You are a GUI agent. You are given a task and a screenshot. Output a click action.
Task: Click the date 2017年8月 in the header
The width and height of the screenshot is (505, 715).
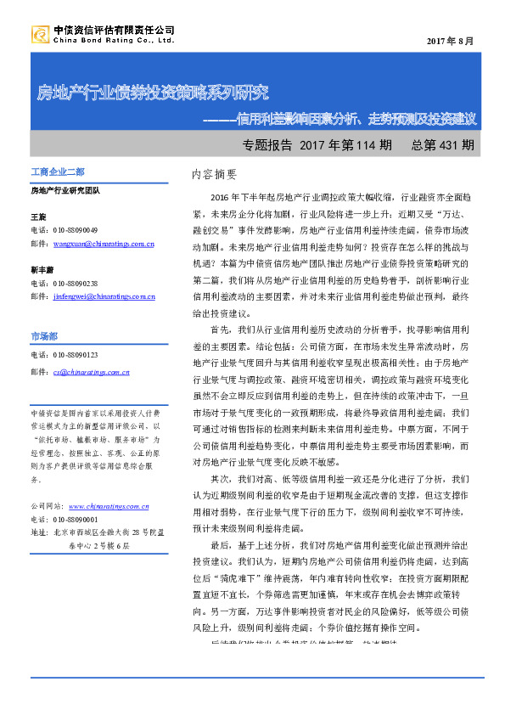[450, 42]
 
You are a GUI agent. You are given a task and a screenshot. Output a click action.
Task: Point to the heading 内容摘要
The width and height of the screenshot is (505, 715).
[214, 174]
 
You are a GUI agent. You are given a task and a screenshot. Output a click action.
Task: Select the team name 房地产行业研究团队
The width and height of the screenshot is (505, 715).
[65, 190]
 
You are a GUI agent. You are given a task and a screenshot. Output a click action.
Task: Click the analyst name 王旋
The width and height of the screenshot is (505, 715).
[38, 217]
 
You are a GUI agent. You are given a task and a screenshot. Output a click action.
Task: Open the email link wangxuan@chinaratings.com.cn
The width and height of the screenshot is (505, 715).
[104, 244]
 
